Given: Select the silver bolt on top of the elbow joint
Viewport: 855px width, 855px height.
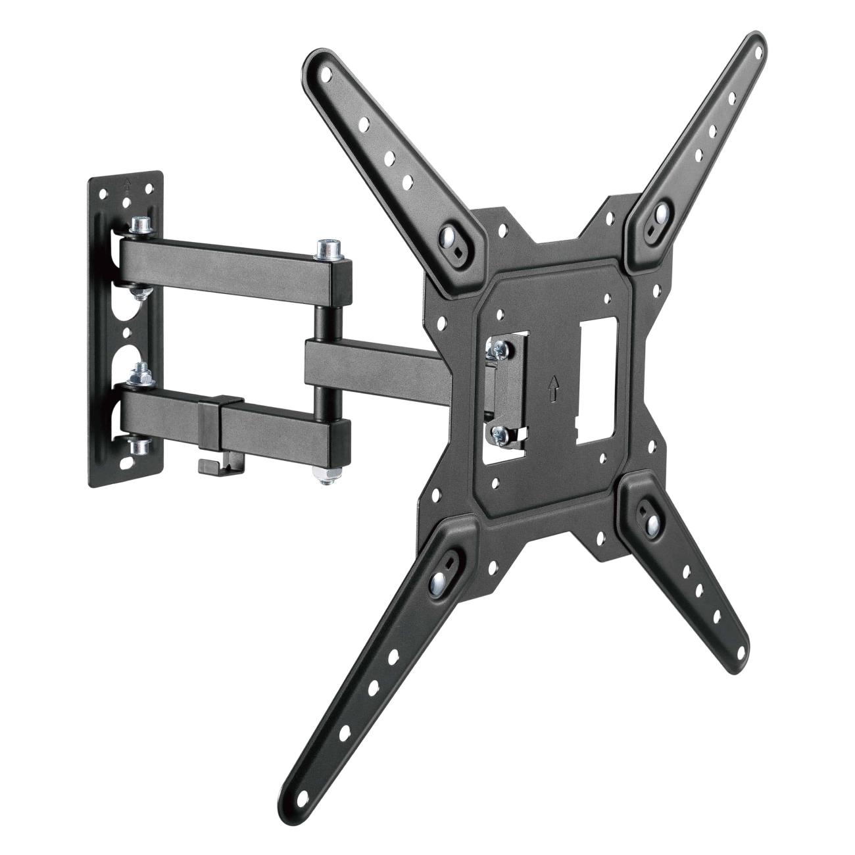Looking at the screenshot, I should pyautogui.click(x=326, y=249).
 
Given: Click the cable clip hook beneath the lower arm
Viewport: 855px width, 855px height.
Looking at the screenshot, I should pyautogui.click(x=208, y=466).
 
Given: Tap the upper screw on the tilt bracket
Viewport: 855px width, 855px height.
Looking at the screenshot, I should pyautogui.click(x=499, y=351).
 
